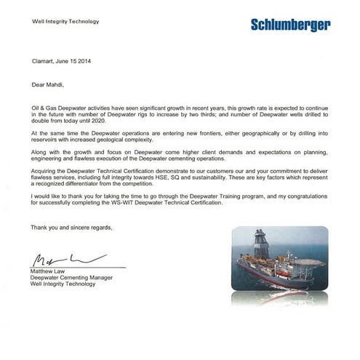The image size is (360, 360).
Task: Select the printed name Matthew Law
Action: point(52,271)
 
